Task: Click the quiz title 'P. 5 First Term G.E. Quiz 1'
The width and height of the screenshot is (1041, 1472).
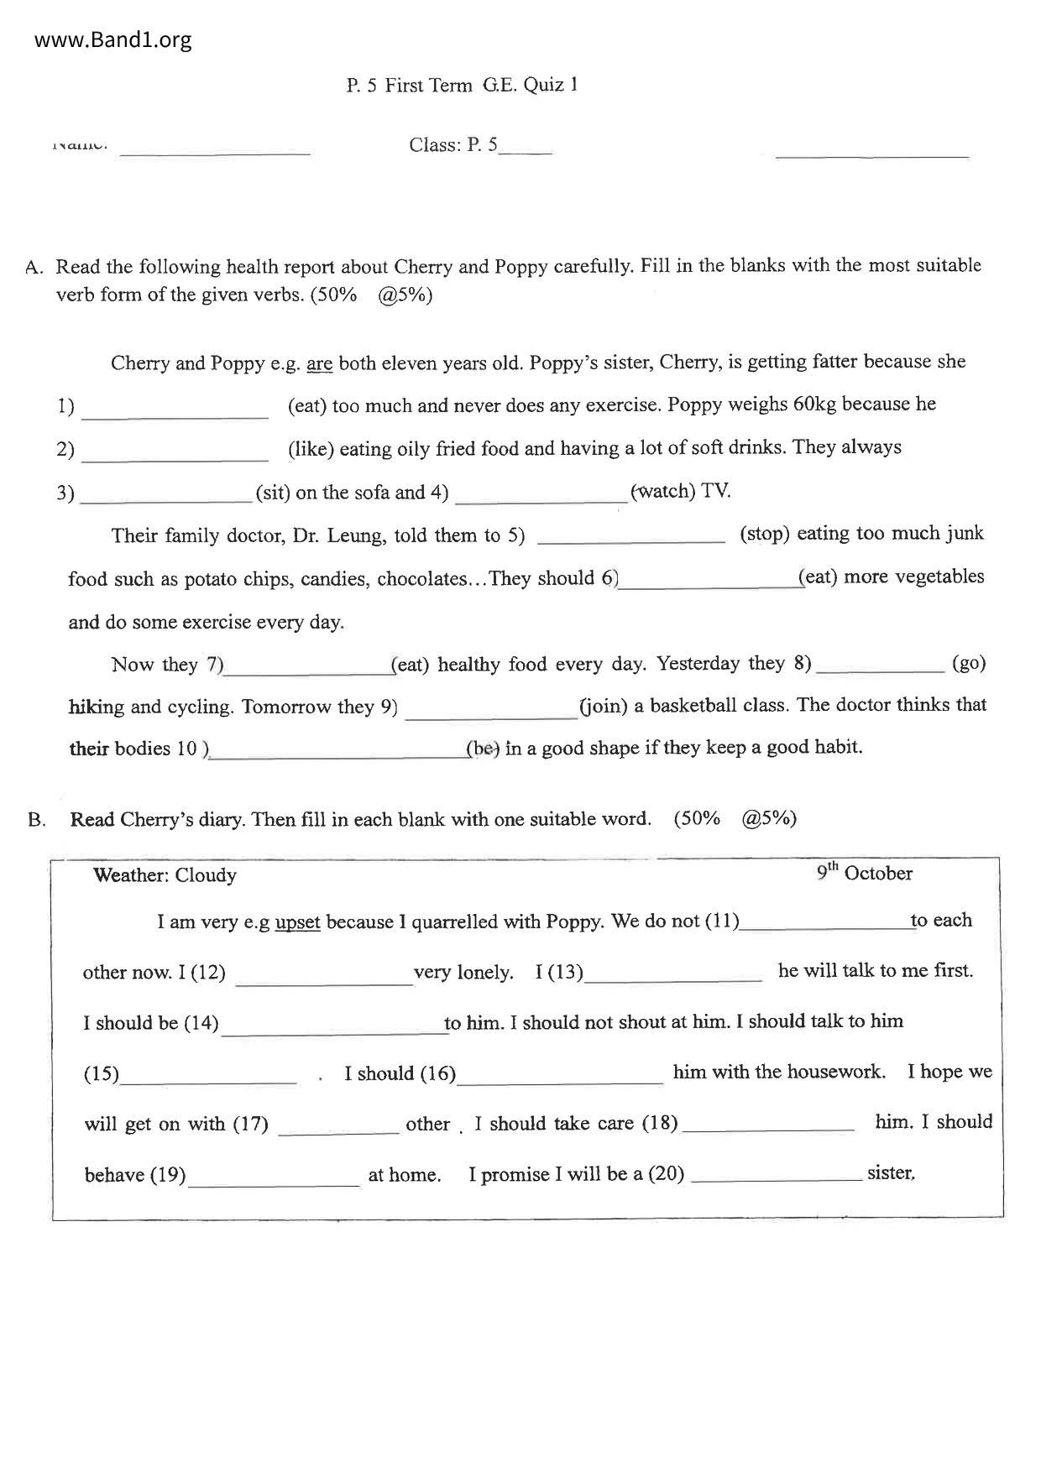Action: tap(462, 85)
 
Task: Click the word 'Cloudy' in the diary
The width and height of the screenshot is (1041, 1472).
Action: tap(206, 875)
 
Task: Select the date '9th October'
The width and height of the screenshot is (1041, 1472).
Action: tap(865, 873)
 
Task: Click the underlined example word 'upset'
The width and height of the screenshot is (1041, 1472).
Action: tap(297, 922)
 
